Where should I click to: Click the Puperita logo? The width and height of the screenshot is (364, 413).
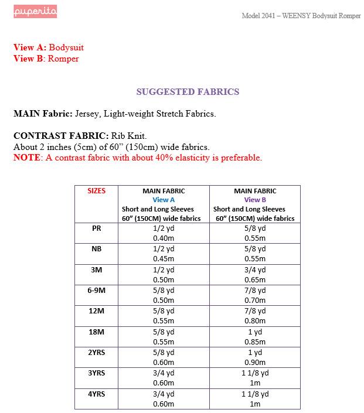36,12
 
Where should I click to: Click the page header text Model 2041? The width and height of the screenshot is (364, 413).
261,15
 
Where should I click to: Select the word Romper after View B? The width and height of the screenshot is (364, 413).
63,59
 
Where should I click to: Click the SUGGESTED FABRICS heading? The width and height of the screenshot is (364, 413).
188,92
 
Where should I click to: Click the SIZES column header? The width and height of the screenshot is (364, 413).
97,191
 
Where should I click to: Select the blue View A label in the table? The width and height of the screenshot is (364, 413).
164,200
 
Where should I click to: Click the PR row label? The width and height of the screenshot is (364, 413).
97,228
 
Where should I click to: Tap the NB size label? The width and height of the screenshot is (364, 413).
97,249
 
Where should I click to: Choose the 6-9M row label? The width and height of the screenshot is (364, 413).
97,291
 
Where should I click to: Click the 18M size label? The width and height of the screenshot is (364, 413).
97,332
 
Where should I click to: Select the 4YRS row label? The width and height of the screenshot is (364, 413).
97,394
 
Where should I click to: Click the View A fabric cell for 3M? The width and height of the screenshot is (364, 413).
164,275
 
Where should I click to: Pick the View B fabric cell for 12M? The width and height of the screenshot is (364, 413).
255,316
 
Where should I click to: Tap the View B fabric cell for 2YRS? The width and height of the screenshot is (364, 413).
255,357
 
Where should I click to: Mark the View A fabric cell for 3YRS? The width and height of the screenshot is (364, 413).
164,378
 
